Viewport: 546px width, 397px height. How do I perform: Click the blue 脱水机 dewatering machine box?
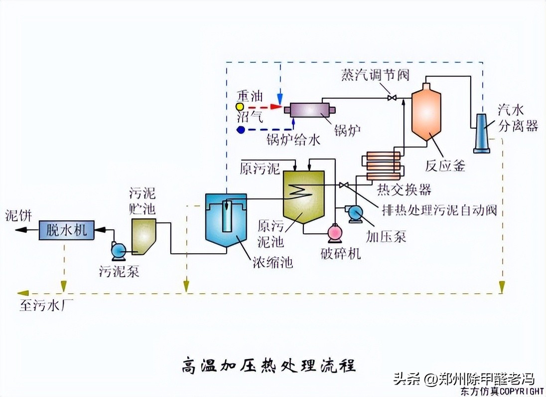[67, 230]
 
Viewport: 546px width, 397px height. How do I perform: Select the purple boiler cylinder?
[307, 109]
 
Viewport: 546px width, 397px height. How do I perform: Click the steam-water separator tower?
[482, 132]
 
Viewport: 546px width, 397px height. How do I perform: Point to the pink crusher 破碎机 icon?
[334, 233]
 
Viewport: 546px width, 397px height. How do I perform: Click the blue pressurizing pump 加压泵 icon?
[355, 213]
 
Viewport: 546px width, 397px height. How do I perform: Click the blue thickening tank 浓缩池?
[227, 219]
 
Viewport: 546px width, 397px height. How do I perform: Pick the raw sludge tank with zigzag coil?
[303, 197]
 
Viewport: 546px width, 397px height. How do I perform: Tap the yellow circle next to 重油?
[240, 107]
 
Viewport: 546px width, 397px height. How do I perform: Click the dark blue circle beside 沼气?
[241, 130]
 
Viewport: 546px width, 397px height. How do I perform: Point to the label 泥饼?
[18, 215]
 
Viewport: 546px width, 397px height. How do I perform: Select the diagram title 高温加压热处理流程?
[268, 365]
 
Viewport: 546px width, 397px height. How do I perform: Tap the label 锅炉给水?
[293, 140]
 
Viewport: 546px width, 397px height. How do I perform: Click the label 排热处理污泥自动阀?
[439, 210]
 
